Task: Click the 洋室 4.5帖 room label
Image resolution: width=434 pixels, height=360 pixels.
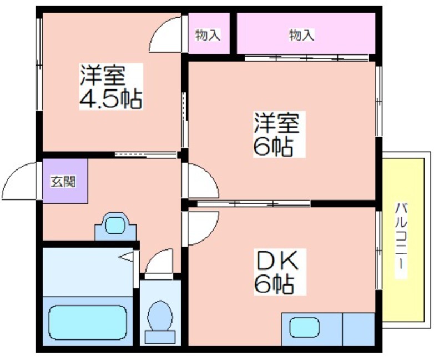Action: [x=111, y=87]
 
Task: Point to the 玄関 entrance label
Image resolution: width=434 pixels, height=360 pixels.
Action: [x=63, y=182]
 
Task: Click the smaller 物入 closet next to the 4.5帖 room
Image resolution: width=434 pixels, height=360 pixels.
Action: [x=209, y=33]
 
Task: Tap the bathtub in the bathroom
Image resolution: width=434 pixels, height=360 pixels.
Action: [x=88, y=322]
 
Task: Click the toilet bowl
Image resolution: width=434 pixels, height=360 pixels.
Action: [x=160, y=316]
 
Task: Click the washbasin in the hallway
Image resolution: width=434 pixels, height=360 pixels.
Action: [x=115, y=226]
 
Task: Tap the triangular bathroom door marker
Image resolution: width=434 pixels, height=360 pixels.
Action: [x=126, y=257]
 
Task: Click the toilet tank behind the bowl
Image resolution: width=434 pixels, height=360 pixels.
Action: [x=160, y=337]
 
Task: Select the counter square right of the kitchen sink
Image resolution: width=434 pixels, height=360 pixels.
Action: [x=359, y=329]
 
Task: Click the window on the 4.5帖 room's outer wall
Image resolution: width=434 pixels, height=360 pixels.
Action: [x=39, y=64]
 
